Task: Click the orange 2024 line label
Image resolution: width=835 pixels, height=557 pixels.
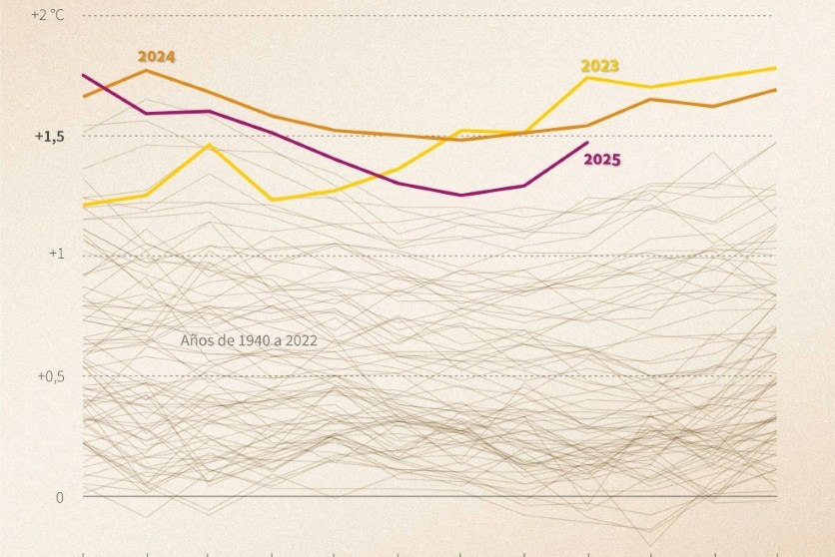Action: [156, 57]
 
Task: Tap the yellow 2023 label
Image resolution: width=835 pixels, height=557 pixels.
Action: [600, 66]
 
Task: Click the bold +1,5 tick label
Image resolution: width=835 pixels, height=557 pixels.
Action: [47, 136]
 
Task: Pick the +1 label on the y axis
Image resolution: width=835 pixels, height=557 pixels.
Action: [56, 255]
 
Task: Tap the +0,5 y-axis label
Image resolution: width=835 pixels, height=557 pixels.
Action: [50, 376]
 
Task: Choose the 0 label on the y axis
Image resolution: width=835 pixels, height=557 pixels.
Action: [59, 496]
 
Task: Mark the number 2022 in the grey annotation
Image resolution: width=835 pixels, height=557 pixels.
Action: [299, 340]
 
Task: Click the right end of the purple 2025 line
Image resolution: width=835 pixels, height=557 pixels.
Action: [587, 143]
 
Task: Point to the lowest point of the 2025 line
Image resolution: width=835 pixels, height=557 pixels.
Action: [460, 195]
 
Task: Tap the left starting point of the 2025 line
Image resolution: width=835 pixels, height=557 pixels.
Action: [83, 75]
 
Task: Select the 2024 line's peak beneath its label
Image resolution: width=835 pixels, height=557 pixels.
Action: [147, 70]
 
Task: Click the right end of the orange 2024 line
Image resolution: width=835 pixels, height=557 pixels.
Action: [776, 90]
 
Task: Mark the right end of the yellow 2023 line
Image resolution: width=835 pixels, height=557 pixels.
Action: [776, 68]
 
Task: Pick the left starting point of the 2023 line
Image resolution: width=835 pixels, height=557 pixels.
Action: [83, 205]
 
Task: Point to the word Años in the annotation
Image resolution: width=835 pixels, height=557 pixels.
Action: [195, 340]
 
